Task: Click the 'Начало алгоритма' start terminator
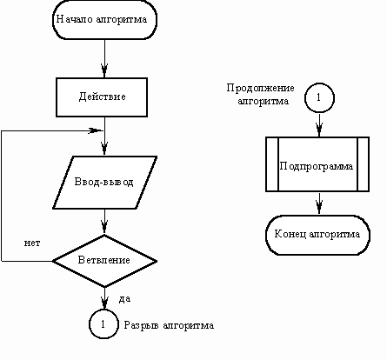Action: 104,19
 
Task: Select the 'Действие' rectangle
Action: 102,97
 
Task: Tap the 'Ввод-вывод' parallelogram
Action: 104,183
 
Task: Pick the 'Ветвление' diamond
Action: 104,261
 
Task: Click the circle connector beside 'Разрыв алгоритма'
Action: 103,324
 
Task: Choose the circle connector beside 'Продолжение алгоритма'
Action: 319,97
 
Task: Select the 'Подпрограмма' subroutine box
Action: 317,164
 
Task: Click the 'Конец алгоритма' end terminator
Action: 317,235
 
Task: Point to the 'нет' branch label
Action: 32,243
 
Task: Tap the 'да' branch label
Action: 124,299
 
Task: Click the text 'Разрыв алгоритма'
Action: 169,325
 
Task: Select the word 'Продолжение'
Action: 260,88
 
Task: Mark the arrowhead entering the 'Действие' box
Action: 104,71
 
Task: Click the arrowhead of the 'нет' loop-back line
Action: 96,130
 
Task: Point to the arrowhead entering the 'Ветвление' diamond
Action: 104,228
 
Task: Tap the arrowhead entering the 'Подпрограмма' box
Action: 319,130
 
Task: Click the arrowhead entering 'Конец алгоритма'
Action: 319,208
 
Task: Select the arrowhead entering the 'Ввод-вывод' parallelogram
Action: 104,149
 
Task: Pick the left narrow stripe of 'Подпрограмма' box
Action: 272,164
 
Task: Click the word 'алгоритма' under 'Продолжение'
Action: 263,102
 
